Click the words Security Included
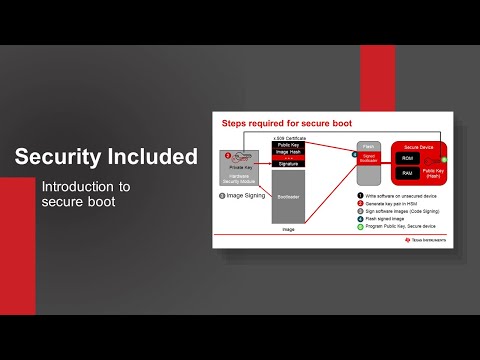pos(105,157)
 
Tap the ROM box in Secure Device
pos(407,157)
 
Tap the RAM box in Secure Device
pos(407,173)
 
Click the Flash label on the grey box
pos(367,145)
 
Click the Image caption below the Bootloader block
pos(288,229)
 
